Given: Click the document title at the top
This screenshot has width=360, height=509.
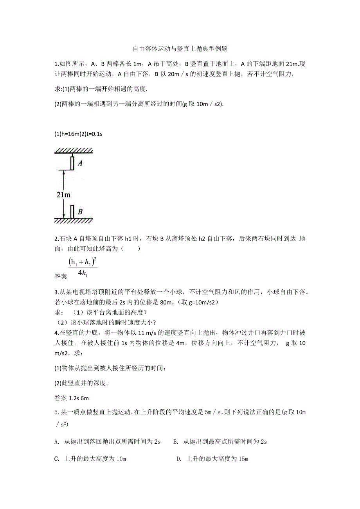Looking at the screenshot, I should click(x=180, y=49).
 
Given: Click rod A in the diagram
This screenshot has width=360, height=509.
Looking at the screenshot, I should click(x=72, y=163).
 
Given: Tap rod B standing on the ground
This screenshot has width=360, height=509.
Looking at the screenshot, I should click(x=72, y=211).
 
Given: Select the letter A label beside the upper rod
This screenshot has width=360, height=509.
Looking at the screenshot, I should click(x=80, y=163).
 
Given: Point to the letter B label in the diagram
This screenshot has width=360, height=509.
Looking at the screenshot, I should click(x=80, y=212).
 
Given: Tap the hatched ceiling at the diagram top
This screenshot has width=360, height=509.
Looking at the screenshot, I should click(x=74, y=151).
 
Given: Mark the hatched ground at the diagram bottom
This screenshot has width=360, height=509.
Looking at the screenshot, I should click(x=74, y=221).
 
